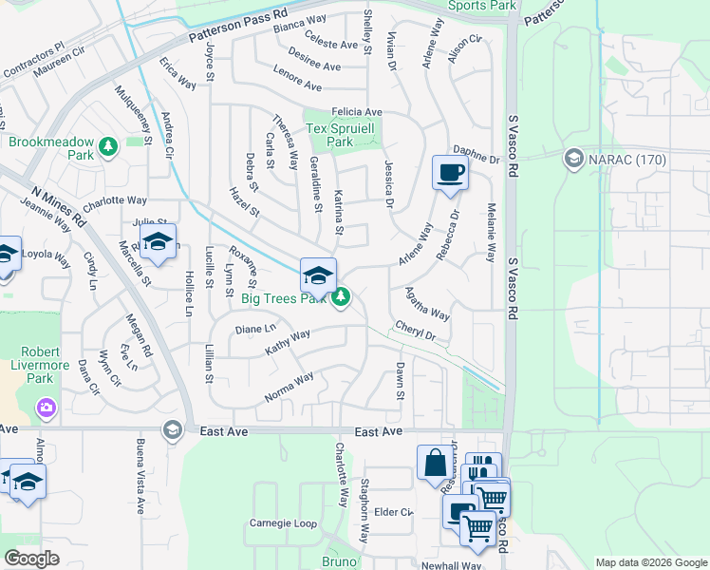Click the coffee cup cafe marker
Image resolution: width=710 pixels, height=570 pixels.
[450, 173]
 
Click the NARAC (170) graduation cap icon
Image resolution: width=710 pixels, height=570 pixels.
[573, 158]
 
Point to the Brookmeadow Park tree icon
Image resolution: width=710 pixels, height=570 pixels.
[109, 146]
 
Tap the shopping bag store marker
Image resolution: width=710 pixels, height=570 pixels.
[434, 464]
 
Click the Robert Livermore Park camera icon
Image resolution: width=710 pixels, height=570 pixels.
[46, 408]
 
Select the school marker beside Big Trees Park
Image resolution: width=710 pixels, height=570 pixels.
[318, 275]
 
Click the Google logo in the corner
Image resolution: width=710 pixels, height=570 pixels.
[31, 559]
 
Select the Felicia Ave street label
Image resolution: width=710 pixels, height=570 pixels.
[357, 112]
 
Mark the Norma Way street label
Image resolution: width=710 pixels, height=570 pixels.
[290, 386]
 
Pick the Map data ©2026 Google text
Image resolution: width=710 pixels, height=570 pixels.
[650, 562]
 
